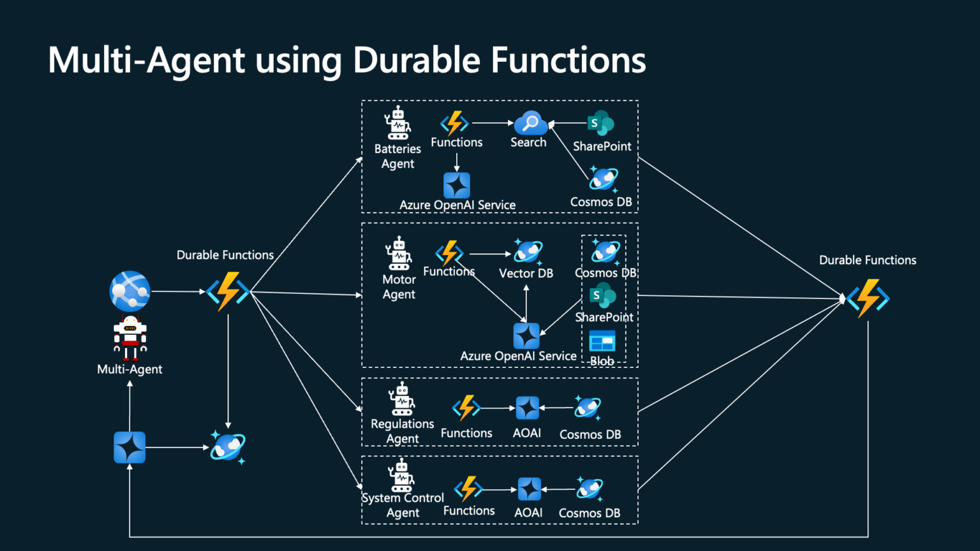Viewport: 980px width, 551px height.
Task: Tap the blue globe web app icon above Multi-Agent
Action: click(130, 291)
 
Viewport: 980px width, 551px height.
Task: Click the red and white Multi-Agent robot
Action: click(130, 337)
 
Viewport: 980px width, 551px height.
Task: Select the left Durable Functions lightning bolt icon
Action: click(228, 291)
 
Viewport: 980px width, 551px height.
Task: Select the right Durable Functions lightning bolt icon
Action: click(868, 298)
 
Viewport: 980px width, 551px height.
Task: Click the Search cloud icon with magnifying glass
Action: click(530, 123)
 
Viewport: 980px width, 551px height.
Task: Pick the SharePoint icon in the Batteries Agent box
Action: click(600, 123)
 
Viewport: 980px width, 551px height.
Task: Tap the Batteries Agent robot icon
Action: click(397, 123)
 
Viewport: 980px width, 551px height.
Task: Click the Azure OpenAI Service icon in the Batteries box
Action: click(457, 186)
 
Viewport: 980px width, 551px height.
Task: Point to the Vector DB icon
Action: click(528, 252)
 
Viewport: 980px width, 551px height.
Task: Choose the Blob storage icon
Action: click(602, 342)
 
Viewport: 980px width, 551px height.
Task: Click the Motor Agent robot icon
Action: click(399, 254)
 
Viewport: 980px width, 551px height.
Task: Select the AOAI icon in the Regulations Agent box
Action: click(527, 408)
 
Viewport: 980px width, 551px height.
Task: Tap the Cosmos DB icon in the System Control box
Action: click(589, 489)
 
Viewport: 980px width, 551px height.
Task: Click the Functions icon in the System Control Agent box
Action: click(468, 489)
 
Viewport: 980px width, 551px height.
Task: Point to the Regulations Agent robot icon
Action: click(402, 399)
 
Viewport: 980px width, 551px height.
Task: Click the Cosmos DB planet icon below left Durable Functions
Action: click(228, 447)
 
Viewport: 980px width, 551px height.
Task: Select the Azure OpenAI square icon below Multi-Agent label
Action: click(130, 447)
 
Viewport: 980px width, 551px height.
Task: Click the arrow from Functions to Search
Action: click(493, 122)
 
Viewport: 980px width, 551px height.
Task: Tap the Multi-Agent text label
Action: click(130, 369)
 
